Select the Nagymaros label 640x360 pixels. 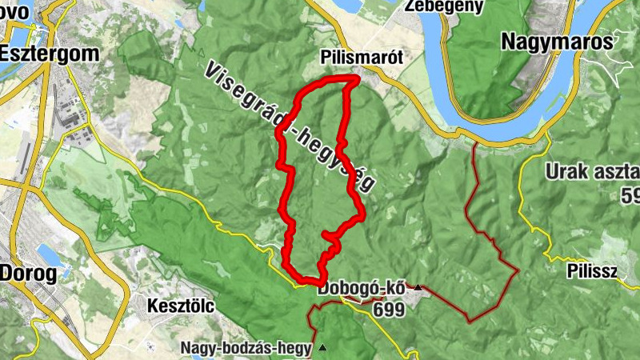pyautogui.click(x=567, y=42)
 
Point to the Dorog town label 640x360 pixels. pyautogui.click(x=30, y=273)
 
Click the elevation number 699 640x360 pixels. pyautogui.click(x=387, y=308)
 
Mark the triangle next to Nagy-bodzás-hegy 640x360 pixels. pyautogui.click(x=322, y=347)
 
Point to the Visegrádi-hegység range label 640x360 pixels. pyautogui.click(x=290, y=128)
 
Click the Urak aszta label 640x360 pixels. pyautogui.click(x=592, y=171)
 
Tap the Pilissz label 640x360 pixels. pyautogui.click(x=591, y=270)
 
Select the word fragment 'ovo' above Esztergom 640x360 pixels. pyautogui.click(x=15, y=10)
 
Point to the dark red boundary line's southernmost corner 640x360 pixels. pyautogui.click(x=469, y=321)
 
